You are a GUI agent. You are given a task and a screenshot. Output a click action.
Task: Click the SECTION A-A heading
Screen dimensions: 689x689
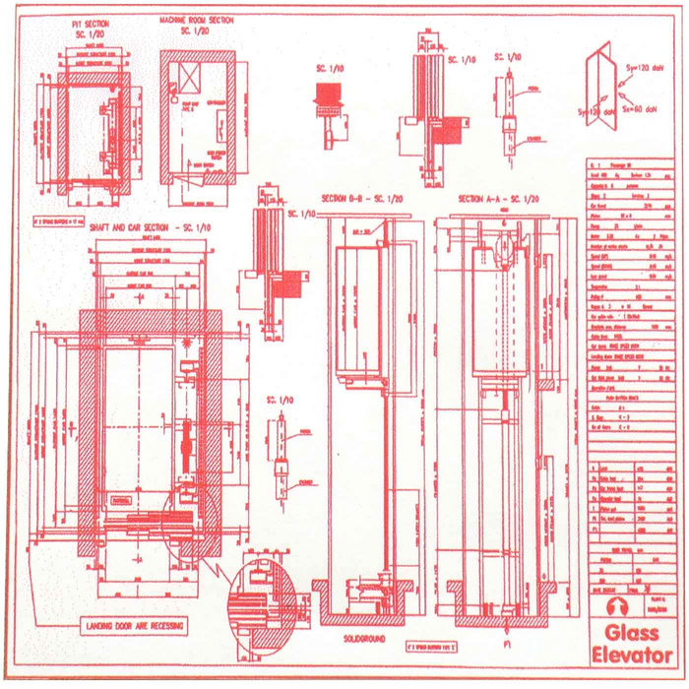pyautogui.click(x=499, y=199)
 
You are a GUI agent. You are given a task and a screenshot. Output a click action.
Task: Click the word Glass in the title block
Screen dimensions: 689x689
pyautogui.click(x=632, y=634)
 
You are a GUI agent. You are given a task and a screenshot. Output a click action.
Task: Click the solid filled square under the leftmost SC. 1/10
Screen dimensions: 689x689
pyautogui.click(x=326, y=96)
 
